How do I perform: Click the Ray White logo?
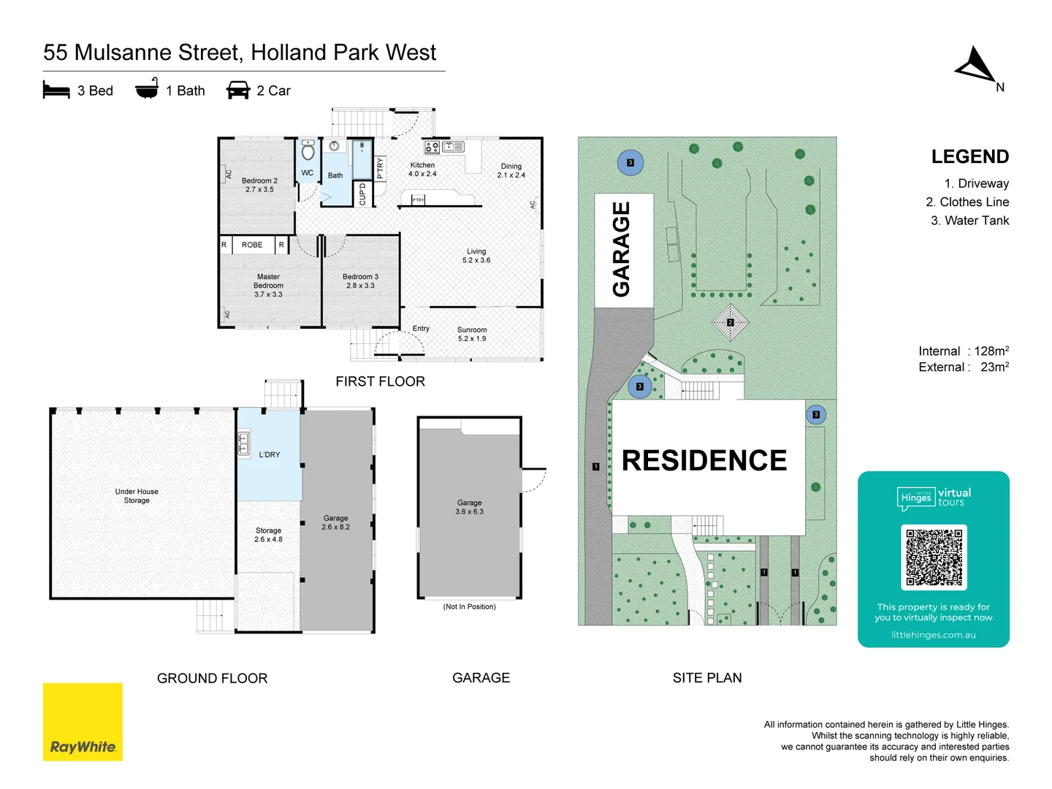83,722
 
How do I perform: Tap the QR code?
934,557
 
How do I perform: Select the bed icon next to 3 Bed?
56,91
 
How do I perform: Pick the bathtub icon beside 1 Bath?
147,89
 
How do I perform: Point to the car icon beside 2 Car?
238,91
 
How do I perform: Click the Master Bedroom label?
268,286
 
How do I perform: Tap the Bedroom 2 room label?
259,185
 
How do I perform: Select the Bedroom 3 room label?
360,281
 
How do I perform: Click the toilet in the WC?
308,150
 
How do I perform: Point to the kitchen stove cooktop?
432,148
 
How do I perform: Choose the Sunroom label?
472,334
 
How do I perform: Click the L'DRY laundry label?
270,454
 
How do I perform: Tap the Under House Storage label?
137,496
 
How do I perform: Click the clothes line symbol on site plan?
730,322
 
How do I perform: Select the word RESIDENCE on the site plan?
704,460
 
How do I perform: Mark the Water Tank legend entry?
969,221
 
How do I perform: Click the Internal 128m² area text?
963,351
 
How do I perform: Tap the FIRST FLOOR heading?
380,381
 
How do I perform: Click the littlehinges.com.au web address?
933,635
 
